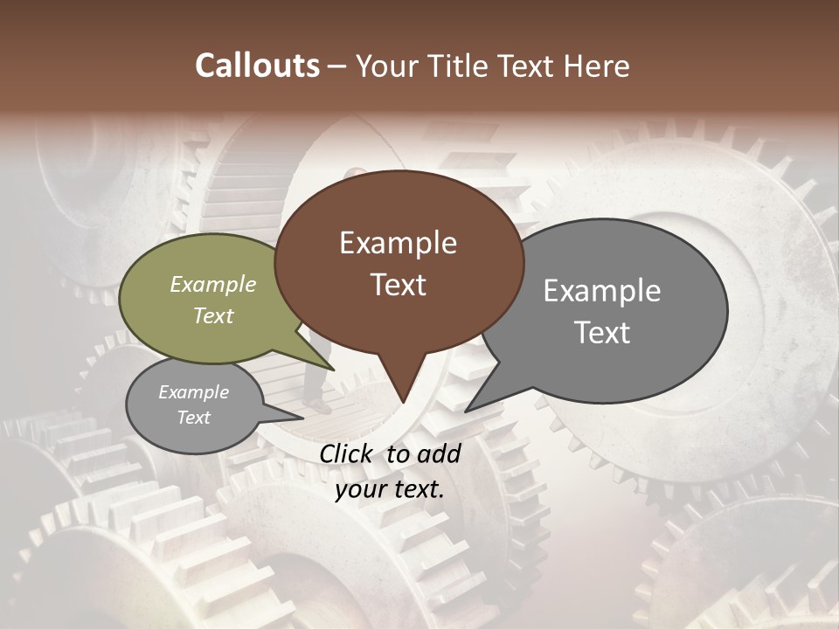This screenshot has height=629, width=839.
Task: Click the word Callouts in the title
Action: point(257,66)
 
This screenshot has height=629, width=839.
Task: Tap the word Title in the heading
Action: point(458,66)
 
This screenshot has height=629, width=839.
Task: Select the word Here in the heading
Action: point(596,66)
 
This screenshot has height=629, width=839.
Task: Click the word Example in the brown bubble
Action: point(398,243)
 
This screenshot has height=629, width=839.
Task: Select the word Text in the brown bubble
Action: point(399,285)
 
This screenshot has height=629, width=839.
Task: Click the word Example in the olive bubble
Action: point(213,284)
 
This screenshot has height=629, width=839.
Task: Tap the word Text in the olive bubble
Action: point(213,315)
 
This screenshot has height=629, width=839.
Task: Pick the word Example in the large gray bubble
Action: point(602,290)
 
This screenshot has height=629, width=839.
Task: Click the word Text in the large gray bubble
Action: point(602,332)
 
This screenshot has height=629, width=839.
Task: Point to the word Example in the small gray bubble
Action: point(194,392)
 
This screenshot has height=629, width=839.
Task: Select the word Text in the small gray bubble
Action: point(194,417)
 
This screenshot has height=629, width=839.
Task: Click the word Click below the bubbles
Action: point(348,453)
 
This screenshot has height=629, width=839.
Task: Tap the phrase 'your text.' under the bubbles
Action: point(390,489)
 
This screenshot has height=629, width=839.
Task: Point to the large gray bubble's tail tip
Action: point(466,411)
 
